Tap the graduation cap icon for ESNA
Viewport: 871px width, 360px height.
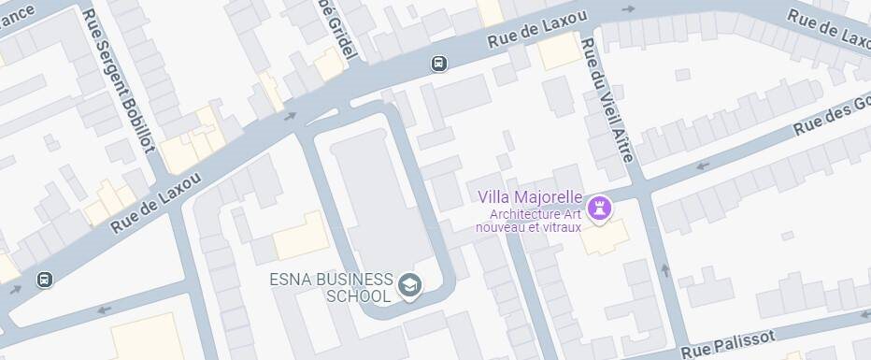[x=408, y=283]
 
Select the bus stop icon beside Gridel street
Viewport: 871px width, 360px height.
[x=438, y=64]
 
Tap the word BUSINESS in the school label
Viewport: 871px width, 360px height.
[x=353, y=280]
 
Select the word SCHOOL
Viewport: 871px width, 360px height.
[x=358, y=296]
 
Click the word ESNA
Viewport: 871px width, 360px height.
[x=289, y=280]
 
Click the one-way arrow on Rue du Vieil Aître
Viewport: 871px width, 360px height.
[x=665, y=270]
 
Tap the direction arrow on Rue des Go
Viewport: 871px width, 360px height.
[x=703, y=166]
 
